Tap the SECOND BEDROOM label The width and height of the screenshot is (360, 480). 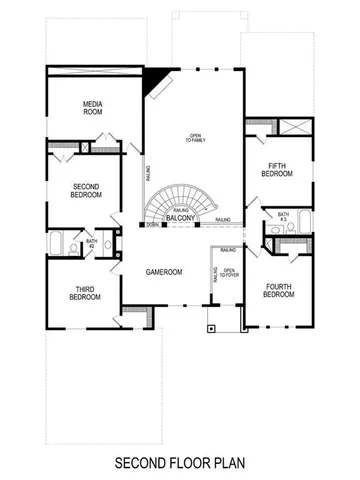tap(87, 190)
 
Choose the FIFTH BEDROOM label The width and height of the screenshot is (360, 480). tap(277, 170)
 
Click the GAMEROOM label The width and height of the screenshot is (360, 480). tap(162, 271)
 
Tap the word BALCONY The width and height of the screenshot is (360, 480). tap(181, 217)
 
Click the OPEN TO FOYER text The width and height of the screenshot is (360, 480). tap(229, 274)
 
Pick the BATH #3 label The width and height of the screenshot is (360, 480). tap(283, 216)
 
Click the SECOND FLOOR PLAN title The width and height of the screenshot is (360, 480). tap(179, 463)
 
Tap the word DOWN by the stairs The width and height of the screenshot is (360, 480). tap(151, 225)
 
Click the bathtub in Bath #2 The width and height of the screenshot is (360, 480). tap(58, 243)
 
